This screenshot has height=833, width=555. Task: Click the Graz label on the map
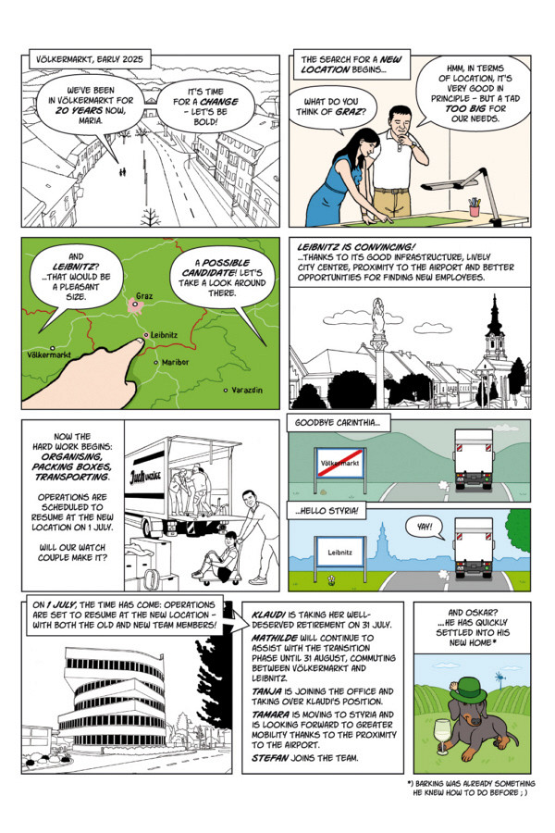(144, 297)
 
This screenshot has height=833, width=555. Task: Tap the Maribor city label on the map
(175, 362)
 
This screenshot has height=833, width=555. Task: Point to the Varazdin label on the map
(246, 391)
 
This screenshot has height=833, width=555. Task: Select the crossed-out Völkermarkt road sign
(340, 461)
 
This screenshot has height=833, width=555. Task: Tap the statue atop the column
(376, 317)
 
